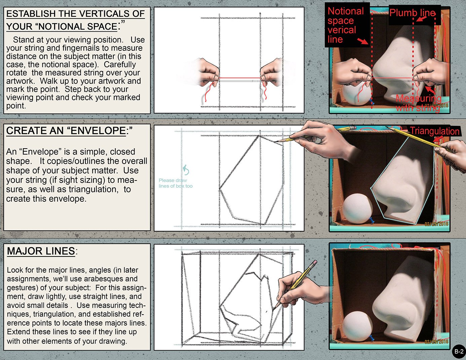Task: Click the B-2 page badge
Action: point(459,351)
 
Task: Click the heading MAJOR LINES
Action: point(41,251)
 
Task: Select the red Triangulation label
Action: point(434,131)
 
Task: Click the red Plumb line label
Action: point(413,13)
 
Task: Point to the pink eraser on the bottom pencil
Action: point(315,263)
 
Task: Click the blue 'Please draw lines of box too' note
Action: point(176,183)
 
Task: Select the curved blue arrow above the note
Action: point(186,170)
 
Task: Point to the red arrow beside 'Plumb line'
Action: point(421,19)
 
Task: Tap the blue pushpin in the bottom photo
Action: point(372,338)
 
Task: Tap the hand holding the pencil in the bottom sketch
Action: point(300,290)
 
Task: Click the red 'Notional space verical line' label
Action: point(346,25)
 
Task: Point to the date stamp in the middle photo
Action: point(436,224)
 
